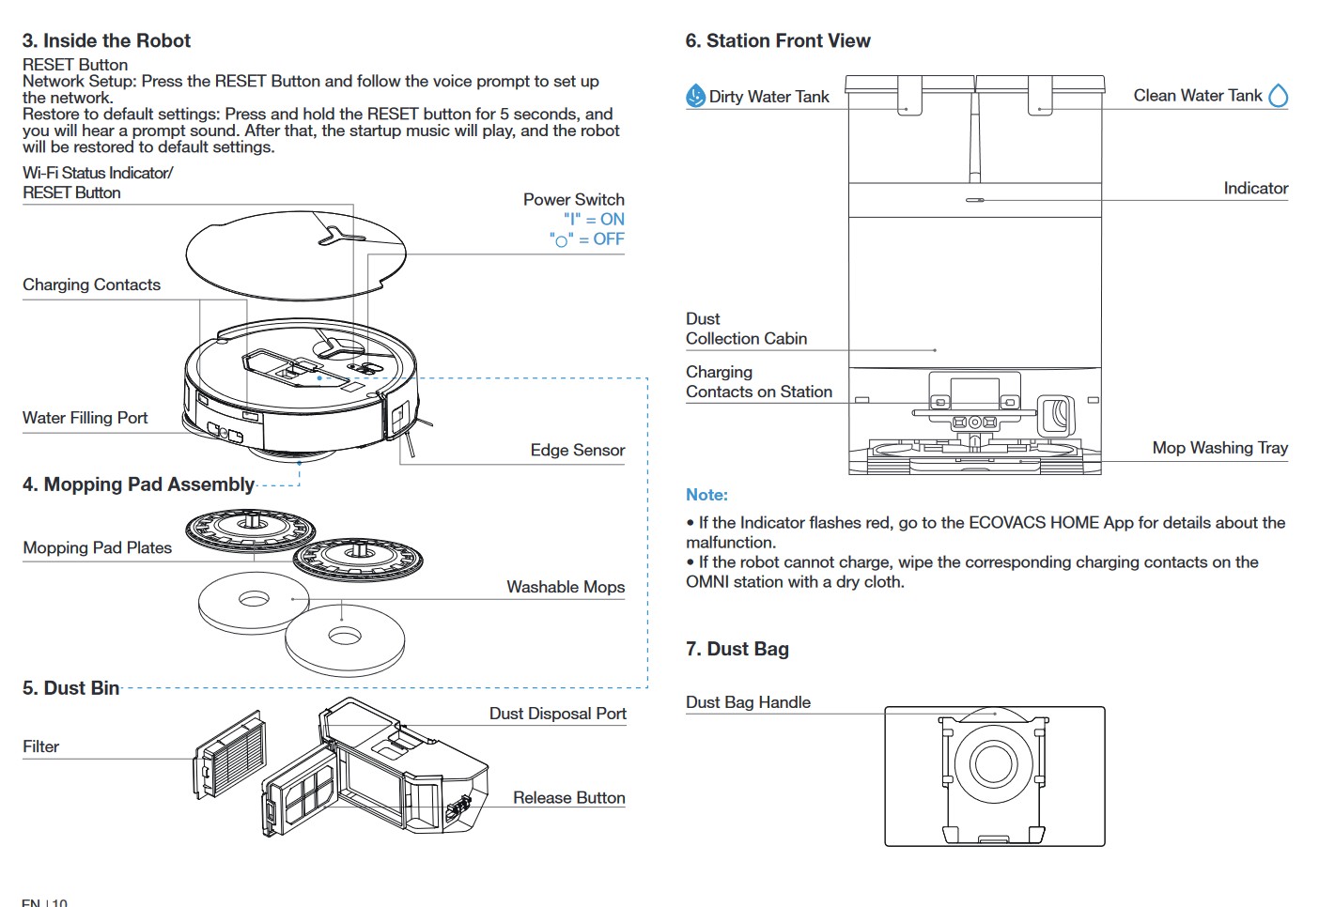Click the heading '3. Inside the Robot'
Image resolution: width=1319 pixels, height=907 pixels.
pyautogui.click(x=106, y=40)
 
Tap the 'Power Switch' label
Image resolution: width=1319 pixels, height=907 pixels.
pyautogui.click(x=573, y=199)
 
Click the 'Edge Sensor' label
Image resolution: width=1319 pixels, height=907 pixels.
pyautogui.click(x=577, y=450)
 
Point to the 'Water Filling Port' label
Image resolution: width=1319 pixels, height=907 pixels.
pyautogui.click(x=85, y=418)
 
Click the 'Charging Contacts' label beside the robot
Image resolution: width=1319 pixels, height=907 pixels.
pyautogui.click(x=91, y=284)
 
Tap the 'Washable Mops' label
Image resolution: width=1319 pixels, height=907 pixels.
pyautogui.click(x=566, y=587)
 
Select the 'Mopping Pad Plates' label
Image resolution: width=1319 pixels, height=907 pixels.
pyautogui.click(x=97, y=547)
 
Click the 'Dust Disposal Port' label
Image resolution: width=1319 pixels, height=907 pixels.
pyautogui.click(x=557, y=714)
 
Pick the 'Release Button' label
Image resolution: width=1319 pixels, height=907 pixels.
pyautogui.click(x=568, y=797)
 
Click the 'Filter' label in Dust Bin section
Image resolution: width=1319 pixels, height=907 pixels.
pyautogui.click(x=40, y=746)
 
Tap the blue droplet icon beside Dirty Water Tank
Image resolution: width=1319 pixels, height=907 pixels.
pyautogui.click(x=695, y=96)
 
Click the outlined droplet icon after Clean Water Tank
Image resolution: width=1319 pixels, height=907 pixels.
pyautogui.click(x=1278, y=96)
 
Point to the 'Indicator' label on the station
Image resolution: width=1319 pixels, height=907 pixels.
pyautogui.click(x=1255, y=188)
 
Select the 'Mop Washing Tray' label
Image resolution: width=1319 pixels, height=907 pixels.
pyautogui.click(x=1219, y=448)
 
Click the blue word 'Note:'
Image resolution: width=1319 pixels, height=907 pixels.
pyautogui.click(x=706, y=495)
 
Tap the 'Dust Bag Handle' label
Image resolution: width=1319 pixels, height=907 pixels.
pyautogui.click(x=748, y=702)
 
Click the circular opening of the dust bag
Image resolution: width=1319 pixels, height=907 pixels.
pyautogui.click(x=993, y=762)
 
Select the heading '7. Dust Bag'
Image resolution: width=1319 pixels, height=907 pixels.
pyautogui.click(x=737, y=649)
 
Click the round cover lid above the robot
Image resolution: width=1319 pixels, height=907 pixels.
pyautogui.click(x=282, y=254)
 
